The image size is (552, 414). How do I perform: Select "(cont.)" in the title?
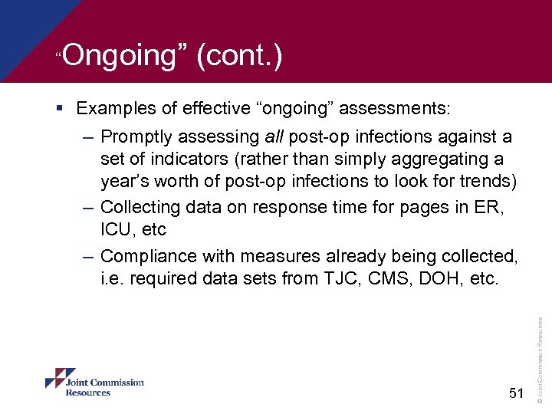click(x=239, y=56)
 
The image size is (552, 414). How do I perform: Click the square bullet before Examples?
click(x=67, y=109)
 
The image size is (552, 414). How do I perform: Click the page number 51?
click(x=515, y=393)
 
